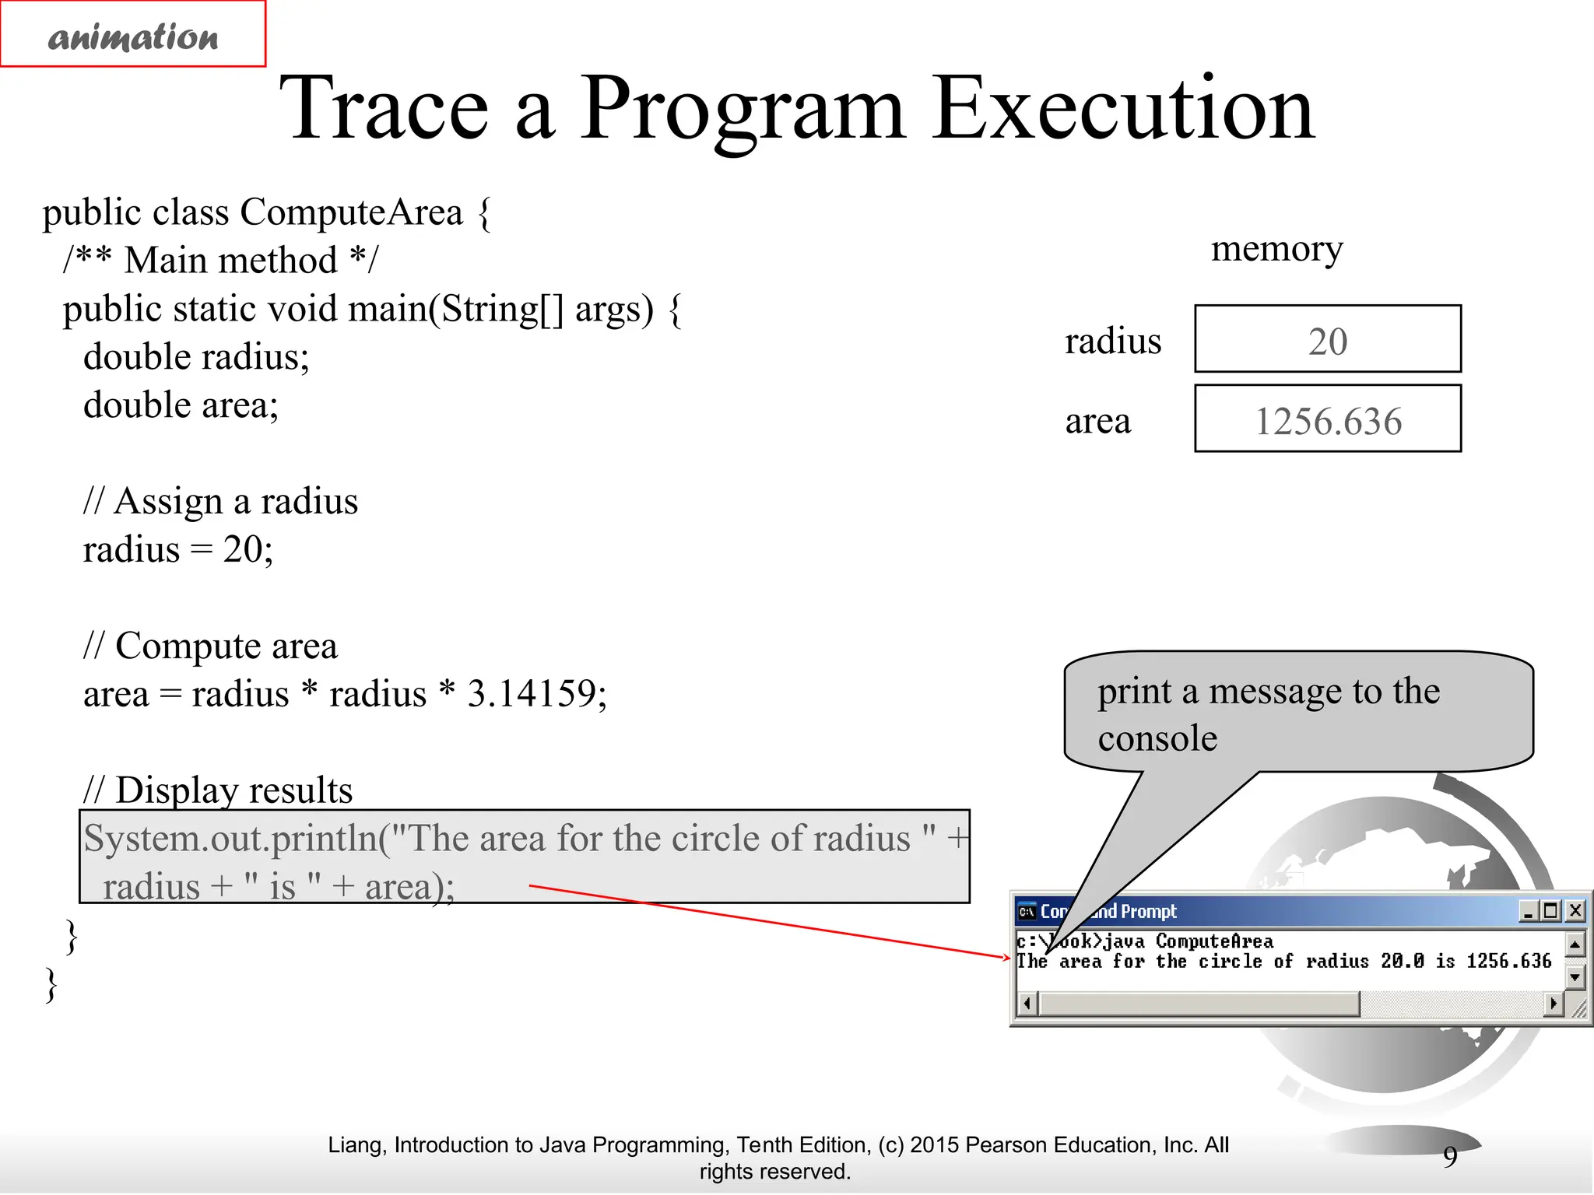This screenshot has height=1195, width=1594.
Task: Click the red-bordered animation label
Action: (133, 34)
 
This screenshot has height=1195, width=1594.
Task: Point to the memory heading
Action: (1276, 249)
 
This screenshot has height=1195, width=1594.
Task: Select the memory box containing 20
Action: (1327, 340)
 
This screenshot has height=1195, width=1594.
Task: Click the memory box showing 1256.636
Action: (1327, 419)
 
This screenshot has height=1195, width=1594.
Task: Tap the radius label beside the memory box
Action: (1112, 342)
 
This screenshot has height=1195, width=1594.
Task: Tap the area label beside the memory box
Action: (1097, 421)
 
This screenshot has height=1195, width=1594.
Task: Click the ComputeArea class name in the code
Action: (351, 212)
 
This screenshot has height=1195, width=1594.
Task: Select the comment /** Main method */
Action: (220, 260)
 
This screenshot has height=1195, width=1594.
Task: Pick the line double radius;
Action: (196, 357)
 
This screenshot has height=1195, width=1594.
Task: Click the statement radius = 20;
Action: (178, 549)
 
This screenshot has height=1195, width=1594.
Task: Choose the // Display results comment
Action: (219, 790)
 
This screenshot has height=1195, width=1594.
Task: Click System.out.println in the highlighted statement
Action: (230, 839)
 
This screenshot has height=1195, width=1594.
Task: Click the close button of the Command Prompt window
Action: (1575, 910)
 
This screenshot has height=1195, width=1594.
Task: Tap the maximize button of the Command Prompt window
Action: (1551, 910)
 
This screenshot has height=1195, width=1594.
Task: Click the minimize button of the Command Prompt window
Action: (1529, 910)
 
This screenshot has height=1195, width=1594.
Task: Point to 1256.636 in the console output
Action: (1508, 962)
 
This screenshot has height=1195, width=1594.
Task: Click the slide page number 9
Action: (1450, 1156)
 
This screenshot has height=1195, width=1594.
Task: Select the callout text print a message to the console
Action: (1269, 713)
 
